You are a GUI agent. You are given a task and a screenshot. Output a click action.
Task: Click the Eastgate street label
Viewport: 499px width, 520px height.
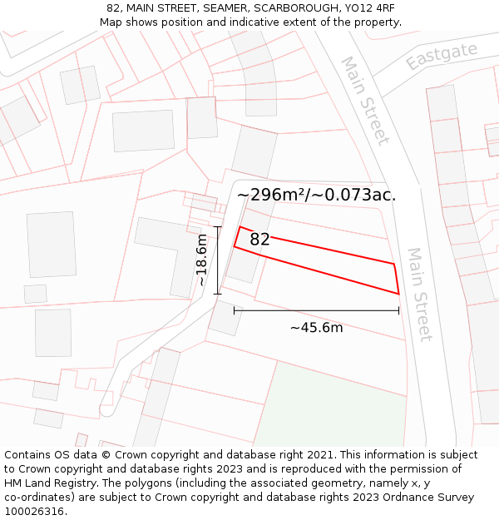442,55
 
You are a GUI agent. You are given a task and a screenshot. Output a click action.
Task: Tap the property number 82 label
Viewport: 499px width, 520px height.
259,240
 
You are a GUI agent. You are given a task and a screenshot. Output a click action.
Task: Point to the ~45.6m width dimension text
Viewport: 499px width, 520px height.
316,327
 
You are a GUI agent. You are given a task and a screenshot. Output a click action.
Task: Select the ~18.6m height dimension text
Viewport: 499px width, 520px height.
201,260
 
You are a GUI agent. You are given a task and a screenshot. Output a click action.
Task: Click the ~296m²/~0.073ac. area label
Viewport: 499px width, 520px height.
316,195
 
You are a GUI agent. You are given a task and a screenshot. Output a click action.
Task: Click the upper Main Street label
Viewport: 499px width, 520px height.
364,100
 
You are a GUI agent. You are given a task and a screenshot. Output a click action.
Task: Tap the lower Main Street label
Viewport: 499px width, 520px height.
418,294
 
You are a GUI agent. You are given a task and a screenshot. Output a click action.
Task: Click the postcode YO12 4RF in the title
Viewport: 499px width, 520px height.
368,8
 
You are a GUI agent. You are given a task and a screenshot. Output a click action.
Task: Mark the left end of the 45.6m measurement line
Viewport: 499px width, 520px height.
235,310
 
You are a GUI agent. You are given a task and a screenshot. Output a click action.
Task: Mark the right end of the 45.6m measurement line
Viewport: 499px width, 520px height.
399,310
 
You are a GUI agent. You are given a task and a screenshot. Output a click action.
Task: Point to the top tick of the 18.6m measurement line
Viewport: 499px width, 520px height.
218,226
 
